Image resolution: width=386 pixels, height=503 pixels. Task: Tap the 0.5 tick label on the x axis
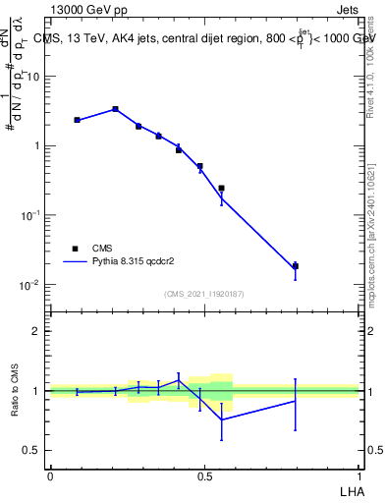pyautogui.click(x=204, y=475)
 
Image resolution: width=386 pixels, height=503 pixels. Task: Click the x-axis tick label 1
pyautogui.click(x=358, y=475)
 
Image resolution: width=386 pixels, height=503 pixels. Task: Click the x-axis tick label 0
pyautogui.click(x=50, y=475)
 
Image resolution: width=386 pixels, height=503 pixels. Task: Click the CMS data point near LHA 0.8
pyautogui.click(x=296, y=266)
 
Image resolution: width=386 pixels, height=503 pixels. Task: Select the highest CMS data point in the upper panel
pyautogui.click(x=115, y=109)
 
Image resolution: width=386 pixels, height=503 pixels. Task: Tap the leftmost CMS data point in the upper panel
pyautogui.click(x=77, y=120)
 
